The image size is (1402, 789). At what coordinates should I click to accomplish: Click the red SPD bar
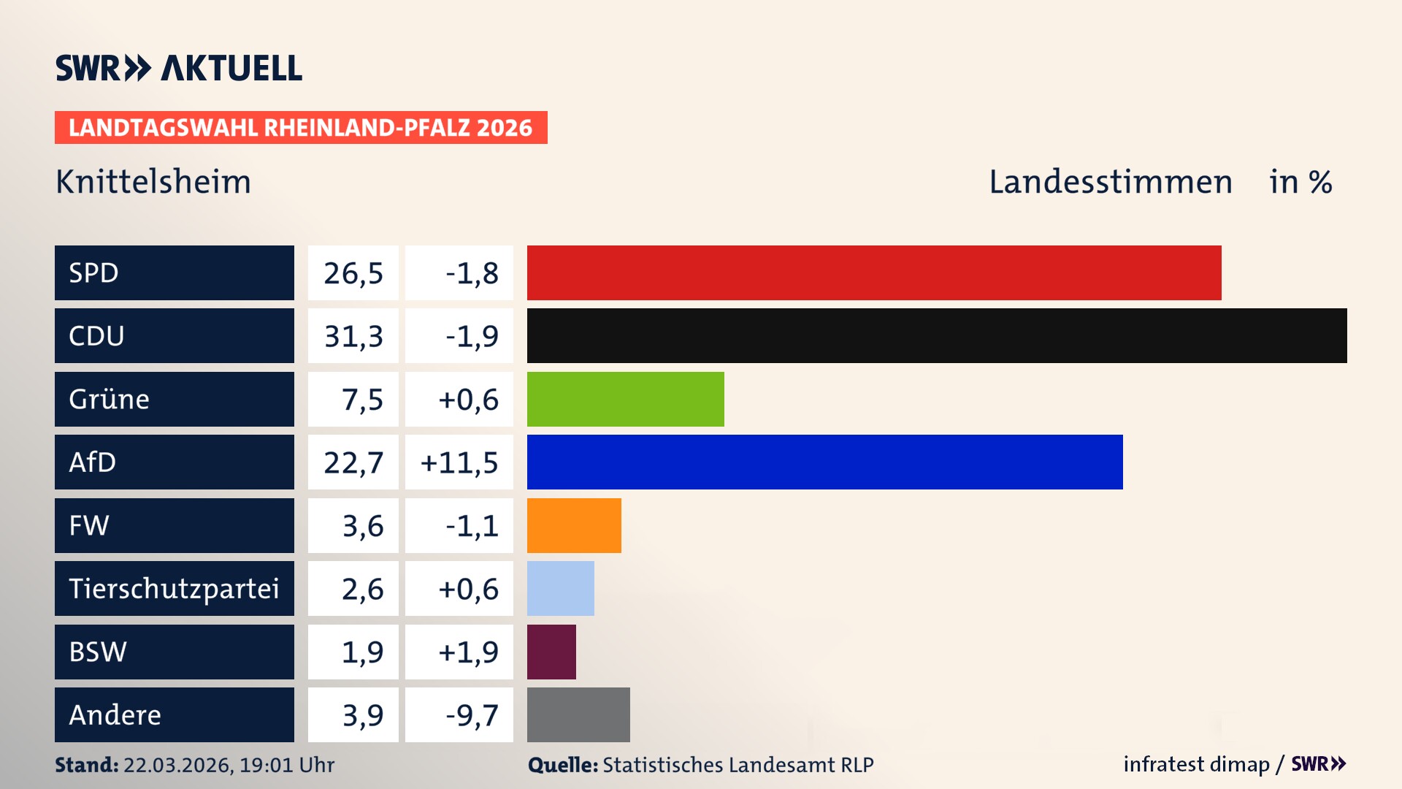pyautogui.click(x=874, y=272)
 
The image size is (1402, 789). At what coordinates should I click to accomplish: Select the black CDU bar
pyautogui.click(x=937, y=335)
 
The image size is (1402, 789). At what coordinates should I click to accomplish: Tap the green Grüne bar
pyautogui.click(x=625, y=399)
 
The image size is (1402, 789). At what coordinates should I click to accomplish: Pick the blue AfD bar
pyautogui.click(x=824, y=462)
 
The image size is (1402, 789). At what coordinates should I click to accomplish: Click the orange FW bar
pyautogui.click(x=574, y=525)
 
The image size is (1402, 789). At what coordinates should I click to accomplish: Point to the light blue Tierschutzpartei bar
pyautogui.click(x=560, y=588)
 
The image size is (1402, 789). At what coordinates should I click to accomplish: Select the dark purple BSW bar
pyautogui.click(x=551, y=652)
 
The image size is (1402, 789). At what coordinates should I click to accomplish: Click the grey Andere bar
pyautogui.click(x=578, y=714)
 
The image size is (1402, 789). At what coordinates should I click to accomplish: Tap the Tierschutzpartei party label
pyautogui.click(x=174, y=588)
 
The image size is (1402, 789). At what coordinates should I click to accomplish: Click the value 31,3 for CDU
pyautogui.click(x=353, y=336)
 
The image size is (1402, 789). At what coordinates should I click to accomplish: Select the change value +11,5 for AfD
pyautogui.click(x=459, y=462)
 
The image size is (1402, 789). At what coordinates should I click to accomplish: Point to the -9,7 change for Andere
pyautogui.click(x=472, y=715)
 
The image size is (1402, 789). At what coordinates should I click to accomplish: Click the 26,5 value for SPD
pyautogui.click(x=353, y=273)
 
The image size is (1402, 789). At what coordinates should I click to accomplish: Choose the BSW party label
pyautogui.click(x=98, y=652)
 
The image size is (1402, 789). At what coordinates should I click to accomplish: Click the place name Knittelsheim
pyautogui.click(x=153, y=182)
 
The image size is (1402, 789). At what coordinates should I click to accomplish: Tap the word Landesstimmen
pyautogui.click(x=1110, y=182)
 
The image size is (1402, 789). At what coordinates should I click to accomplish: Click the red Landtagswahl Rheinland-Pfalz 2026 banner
pyautogui.click(x=301, y=128)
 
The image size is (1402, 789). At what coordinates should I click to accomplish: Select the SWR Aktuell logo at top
pyautogui.click(x=179, y=68)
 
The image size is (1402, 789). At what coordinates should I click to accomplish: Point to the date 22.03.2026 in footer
pyautogui.click(x=177, y=765)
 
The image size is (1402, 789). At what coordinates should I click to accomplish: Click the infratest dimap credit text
pyautogui.click(x=1196, y=764)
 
